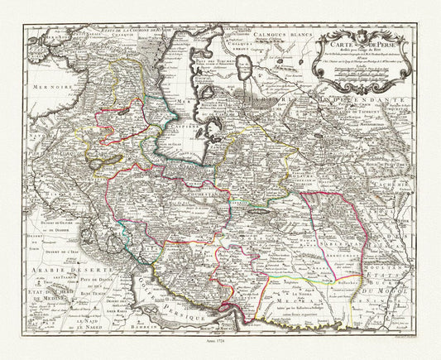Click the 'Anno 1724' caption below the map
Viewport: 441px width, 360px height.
[x=220, y=342]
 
